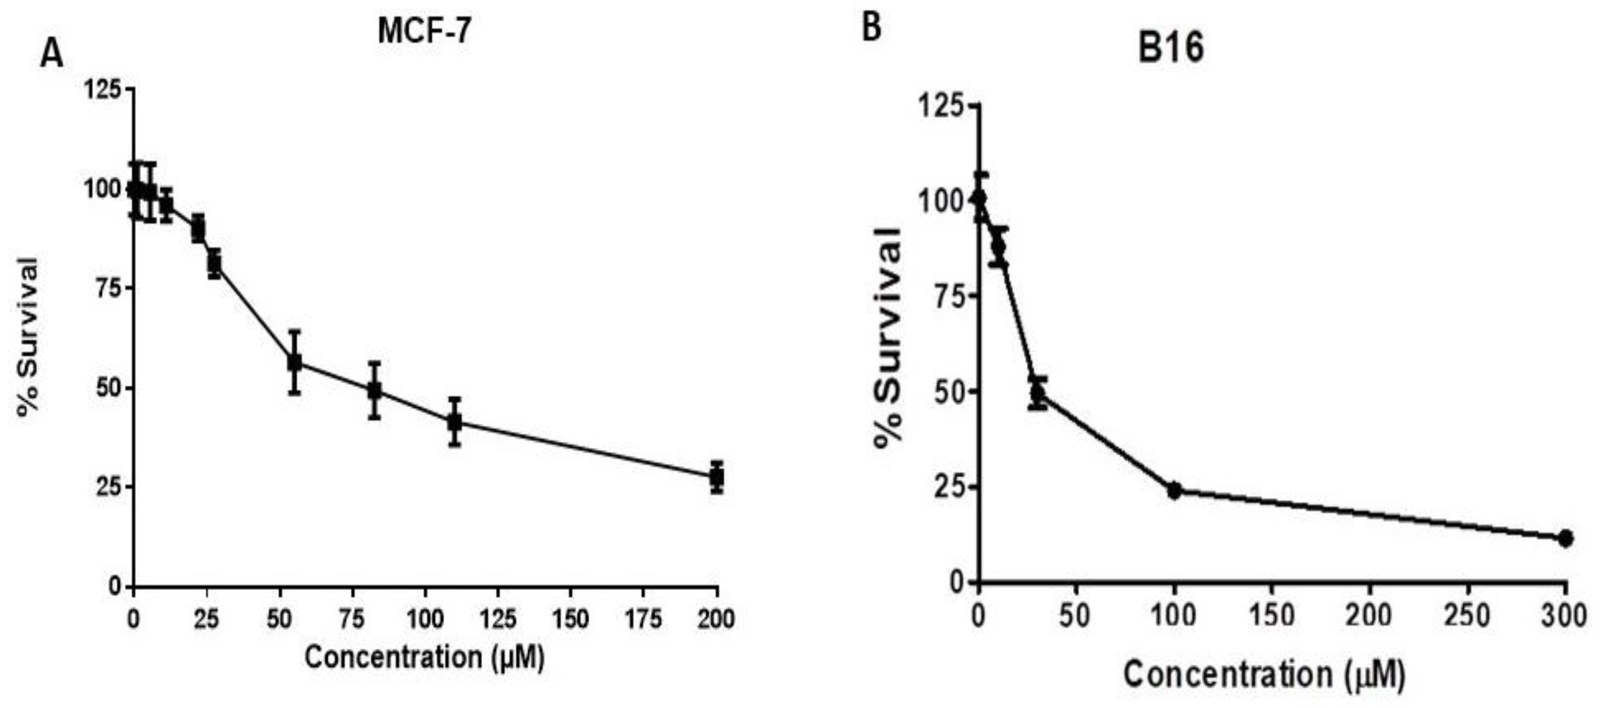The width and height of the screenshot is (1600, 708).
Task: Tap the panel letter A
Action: coord(52,55)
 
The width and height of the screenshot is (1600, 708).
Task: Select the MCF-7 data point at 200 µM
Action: coord(717,477)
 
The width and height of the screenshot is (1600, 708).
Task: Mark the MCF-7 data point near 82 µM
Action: coord(374,390)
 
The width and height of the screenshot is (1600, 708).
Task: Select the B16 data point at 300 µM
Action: coord(1565,538)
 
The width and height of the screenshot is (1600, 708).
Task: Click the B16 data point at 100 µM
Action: coord(1174,490)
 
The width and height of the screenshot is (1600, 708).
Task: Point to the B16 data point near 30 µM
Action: coord(1036,392)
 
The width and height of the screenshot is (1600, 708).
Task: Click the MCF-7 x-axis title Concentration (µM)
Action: coord(424,657)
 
